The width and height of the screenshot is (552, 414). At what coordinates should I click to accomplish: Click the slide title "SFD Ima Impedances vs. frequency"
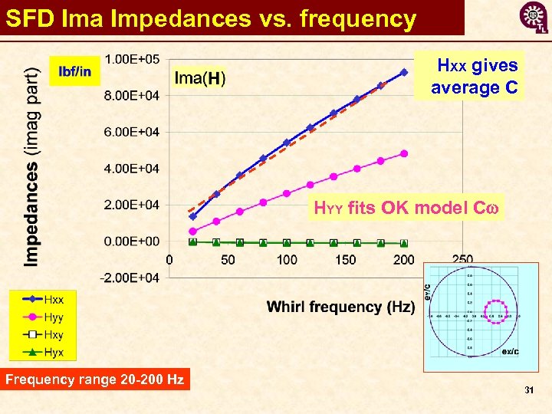coord(211,18)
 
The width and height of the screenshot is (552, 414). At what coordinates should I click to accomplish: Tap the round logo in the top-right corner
coord(534,16)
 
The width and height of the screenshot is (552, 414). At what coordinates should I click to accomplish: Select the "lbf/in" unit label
coord(74,72)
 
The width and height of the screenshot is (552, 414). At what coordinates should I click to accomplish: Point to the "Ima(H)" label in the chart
coord(200,78)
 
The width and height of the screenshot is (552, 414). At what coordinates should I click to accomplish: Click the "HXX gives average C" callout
coord(474,77)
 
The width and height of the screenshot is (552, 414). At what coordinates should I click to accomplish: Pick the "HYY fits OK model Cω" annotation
coord(406,207)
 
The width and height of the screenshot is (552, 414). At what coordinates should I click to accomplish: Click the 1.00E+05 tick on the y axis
coord(132,59)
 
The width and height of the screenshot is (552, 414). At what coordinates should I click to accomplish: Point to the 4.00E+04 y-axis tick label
coord(132,168)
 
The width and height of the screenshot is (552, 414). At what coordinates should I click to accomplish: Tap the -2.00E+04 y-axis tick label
coord(131,278)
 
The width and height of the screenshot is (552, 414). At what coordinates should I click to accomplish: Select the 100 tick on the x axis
coord(287,260)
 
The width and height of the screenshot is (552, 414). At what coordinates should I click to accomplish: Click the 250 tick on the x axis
coord(462,260)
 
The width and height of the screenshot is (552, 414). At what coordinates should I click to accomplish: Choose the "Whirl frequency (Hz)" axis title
coord(341,307)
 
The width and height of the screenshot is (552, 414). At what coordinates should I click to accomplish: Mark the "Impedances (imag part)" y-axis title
coord(31,166)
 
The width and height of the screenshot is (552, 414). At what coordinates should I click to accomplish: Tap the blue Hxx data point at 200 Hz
coord(404,72)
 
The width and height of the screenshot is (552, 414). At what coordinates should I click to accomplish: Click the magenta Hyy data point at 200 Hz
coord(404,153)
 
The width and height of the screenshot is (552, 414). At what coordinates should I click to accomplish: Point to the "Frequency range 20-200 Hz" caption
coord(95,379)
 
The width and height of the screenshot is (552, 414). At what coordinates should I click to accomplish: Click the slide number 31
coord(529,391)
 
